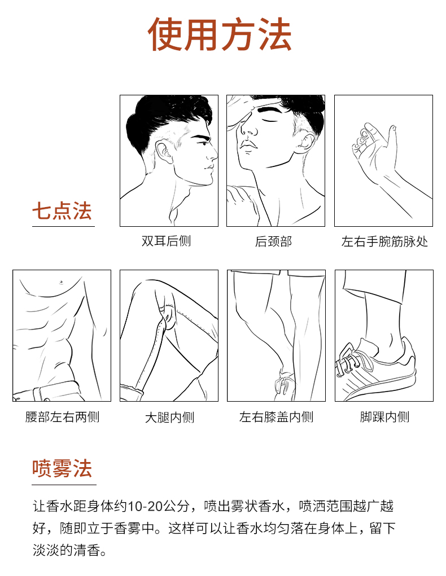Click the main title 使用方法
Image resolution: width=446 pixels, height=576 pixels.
(220, 34)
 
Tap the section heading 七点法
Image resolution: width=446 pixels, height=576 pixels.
(62, 211)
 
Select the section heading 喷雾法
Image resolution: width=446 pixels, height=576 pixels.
(62, 468)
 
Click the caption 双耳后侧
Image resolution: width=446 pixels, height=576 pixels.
(166, 241)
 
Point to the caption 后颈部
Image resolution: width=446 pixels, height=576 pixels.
(274, 241)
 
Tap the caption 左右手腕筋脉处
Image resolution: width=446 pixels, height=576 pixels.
(384, 241)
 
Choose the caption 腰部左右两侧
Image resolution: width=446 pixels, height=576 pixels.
(62, 417)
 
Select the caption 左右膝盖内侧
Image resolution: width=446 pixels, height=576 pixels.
(276, 417)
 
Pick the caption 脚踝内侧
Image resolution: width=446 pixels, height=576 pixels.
(384, 417)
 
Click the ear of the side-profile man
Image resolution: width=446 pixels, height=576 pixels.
(163, 152)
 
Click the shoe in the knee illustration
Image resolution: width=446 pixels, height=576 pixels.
(283, 384)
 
